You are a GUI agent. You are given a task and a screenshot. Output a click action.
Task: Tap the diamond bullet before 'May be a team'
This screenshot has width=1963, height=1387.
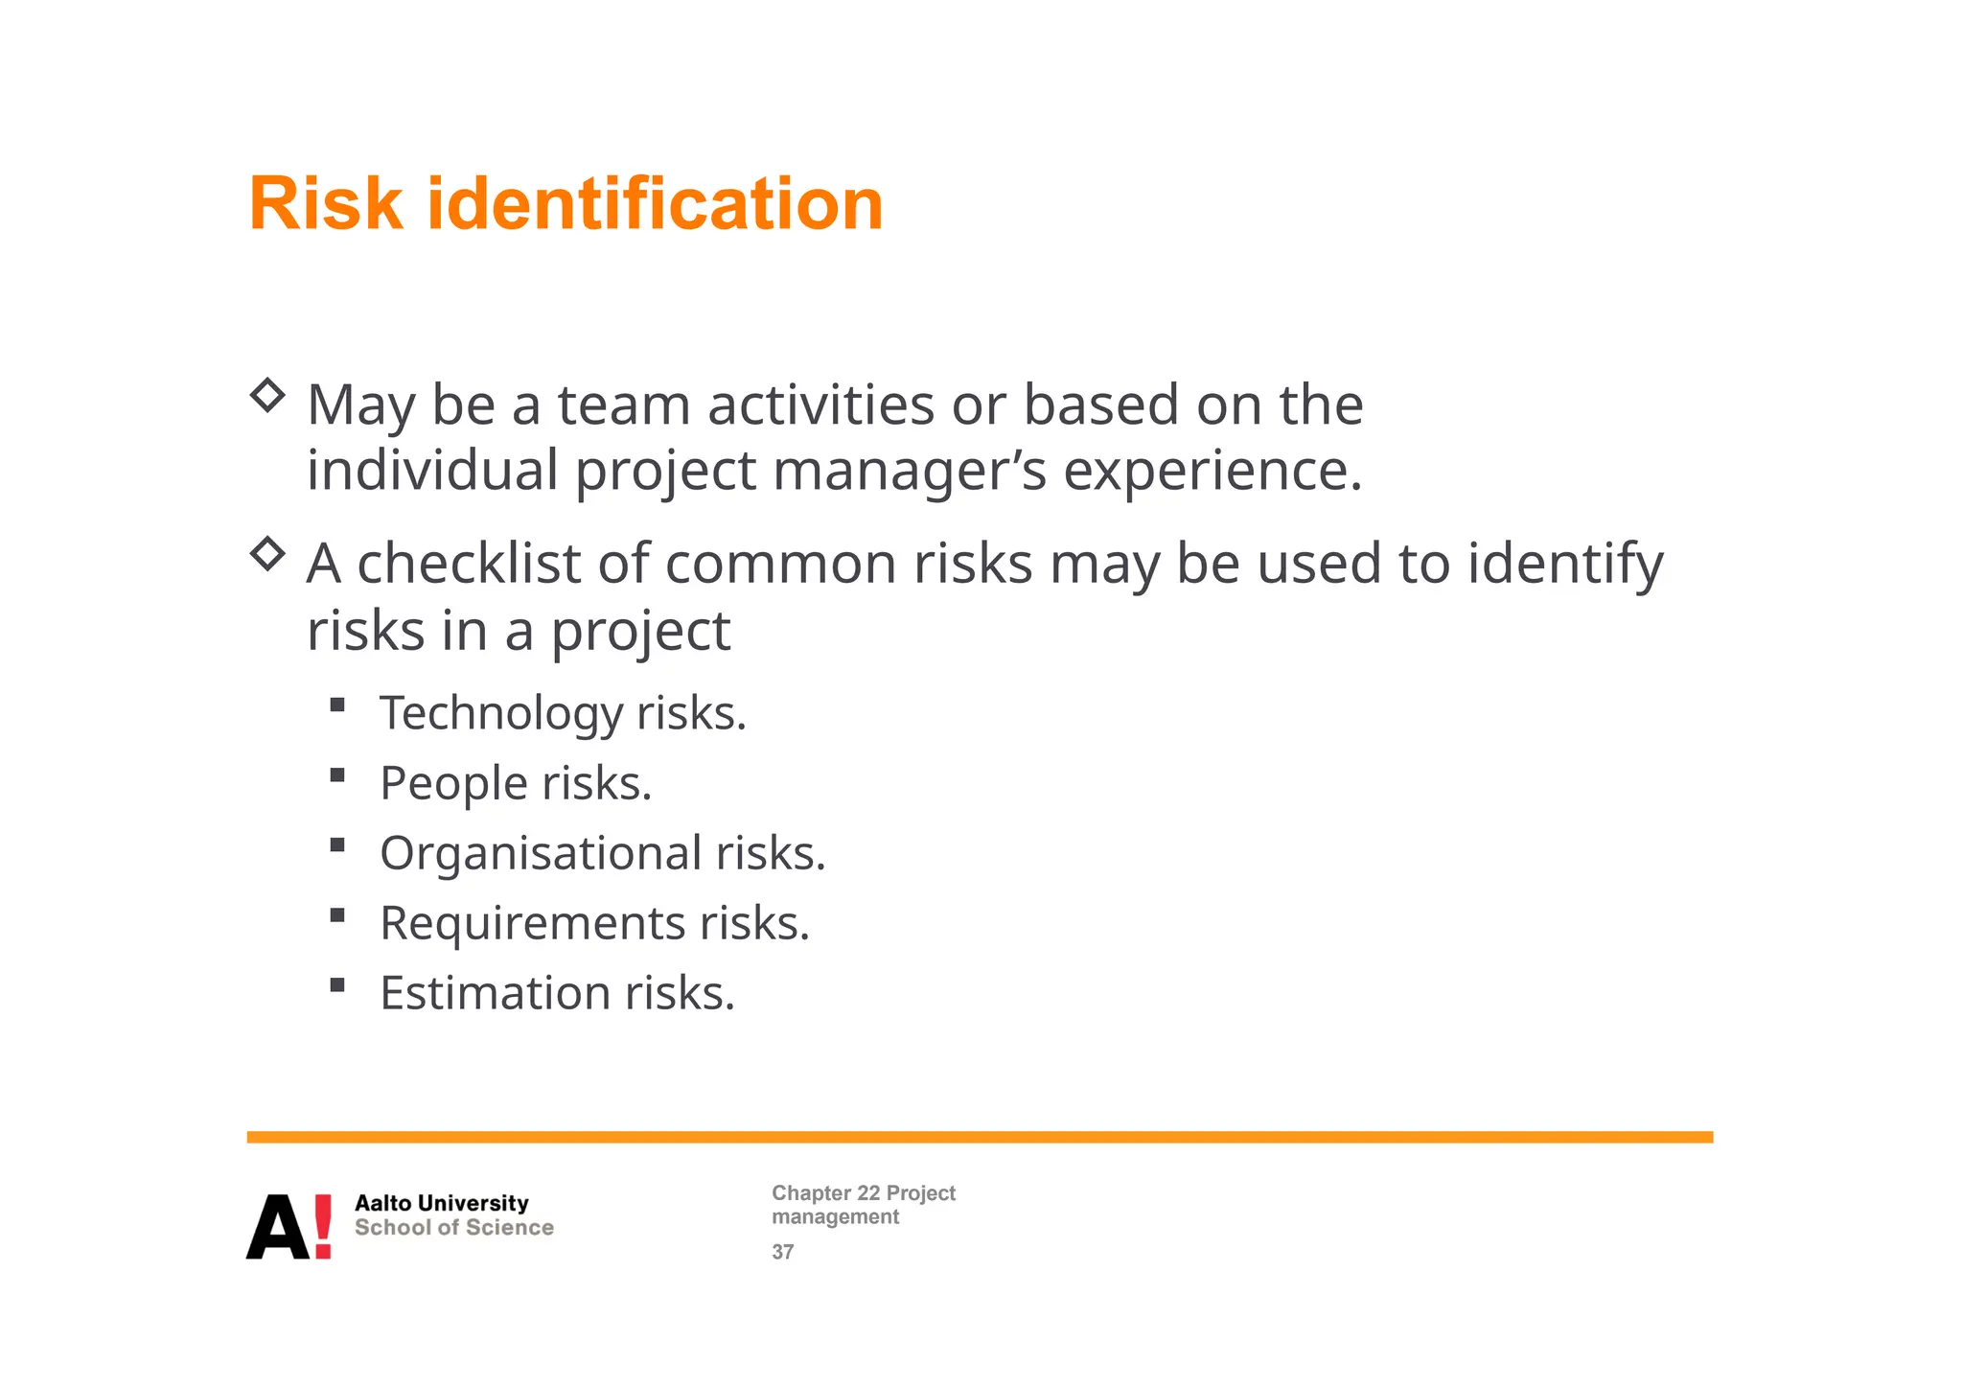click(267, 395)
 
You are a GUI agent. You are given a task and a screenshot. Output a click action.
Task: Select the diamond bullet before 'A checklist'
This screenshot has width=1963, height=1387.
click(267, 553)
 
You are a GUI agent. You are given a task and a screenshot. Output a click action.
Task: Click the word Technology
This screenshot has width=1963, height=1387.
click(500, 714)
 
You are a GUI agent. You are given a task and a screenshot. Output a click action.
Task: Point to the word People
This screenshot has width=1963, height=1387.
click(453, 783)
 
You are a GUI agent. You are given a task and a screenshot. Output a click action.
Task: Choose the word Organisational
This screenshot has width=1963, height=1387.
click(541, 854)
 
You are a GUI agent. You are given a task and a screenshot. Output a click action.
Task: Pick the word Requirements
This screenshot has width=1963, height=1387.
click(532, 923)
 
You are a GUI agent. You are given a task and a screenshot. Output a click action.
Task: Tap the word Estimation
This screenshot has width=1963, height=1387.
click(495, 993)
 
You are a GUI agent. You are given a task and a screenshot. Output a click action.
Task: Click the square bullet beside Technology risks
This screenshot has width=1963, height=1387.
click(336, 705)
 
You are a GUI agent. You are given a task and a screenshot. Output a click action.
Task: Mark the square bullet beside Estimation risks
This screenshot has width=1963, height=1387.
click(336, 984)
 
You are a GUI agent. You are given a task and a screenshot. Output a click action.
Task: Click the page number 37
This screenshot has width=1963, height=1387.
click(782, 1252)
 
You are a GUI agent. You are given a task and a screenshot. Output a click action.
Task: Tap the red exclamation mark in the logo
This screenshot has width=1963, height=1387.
click(323, 1226)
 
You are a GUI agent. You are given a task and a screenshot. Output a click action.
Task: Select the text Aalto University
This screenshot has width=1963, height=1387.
click(441, 1203)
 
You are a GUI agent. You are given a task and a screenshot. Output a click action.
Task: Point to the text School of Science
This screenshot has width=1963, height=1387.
click(453, 1228)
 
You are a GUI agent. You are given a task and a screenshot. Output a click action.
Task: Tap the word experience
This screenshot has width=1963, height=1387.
click(1212, 471)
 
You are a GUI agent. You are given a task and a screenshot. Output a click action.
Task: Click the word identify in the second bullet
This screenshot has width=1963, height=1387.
click(1565, 564)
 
